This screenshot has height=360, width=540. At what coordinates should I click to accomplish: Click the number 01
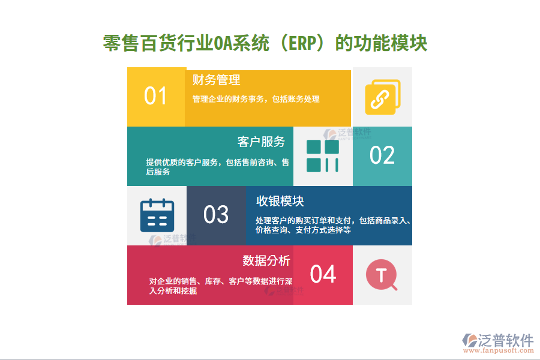coord(155,96)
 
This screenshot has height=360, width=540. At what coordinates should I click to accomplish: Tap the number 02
coord(382,155)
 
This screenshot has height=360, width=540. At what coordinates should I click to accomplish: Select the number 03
coord(216,215)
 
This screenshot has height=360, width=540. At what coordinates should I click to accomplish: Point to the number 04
coord(323,274)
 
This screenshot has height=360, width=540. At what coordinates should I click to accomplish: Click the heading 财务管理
coord(216,80)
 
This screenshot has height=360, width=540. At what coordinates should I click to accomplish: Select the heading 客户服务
coord(261,142)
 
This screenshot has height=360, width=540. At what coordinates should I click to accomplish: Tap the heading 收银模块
coord(280,201)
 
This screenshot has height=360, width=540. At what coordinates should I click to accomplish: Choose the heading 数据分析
coord(266,260)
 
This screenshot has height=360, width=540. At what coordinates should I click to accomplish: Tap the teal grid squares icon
coord(323,156)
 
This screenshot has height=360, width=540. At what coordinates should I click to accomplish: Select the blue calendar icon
coord(157,215)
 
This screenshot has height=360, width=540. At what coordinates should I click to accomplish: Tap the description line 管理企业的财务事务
coord(256,100)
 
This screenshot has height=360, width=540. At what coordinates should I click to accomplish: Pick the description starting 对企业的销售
coord(221,286)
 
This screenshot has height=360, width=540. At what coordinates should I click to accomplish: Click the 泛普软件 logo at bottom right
coord(497,340)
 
